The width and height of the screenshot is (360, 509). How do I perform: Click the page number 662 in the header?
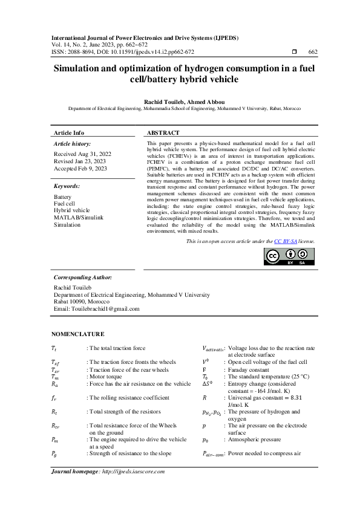click(313, 53)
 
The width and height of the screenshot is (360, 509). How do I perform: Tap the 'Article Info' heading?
click(69, 132)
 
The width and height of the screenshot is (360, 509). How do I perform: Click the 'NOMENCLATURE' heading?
click(77, 334)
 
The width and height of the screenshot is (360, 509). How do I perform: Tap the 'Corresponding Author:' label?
click(83, 277)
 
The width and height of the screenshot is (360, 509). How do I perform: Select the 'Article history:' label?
click(73, 144)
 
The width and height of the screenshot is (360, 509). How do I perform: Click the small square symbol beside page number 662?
click(294, 53)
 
